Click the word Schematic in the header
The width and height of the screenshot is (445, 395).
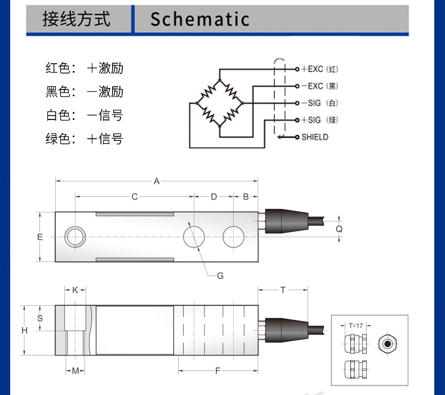click(200, 19)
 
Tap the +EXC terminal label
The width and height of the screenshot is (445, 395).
click(312, 69)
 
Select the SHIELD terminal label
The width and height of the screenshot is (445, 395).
click(315, 137)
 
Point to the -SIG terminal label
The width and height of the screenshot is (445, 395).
click(311, 103)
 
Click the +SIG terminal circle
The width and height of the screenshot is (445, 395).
click(297, 120)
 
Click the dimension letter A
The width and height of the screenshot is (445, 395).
click(157, 181)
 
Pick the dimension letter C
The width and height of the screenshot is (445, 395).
click(135, 197)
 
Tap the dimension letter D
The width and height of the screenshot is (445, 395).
click(213, 197)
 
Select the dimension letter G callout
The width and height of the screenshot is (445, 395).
click(220, 276)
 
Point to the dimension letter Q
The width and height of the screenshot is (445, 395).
click(339, 229)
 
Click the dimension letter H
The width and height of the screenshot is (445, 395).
click(24, 330)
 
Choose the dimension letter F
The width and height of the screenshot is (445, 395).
click(217, 371)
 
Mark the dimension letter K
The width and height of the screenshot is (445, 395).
click(75, 290)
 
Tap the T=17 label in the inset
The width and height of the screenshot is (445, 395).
click(356, 326)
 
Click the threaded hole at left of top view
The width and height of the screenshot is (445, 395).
click(75, 237)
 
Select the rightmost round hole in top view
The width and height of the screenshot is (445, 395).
click(234, 237)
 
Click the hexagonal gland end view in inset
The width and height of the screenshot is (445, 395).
click(388, 344)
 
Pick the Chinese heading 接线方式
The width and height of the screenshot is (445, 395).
click(77, 19)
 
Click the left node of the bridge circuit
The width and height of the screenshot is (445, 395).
click(197, 103)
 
